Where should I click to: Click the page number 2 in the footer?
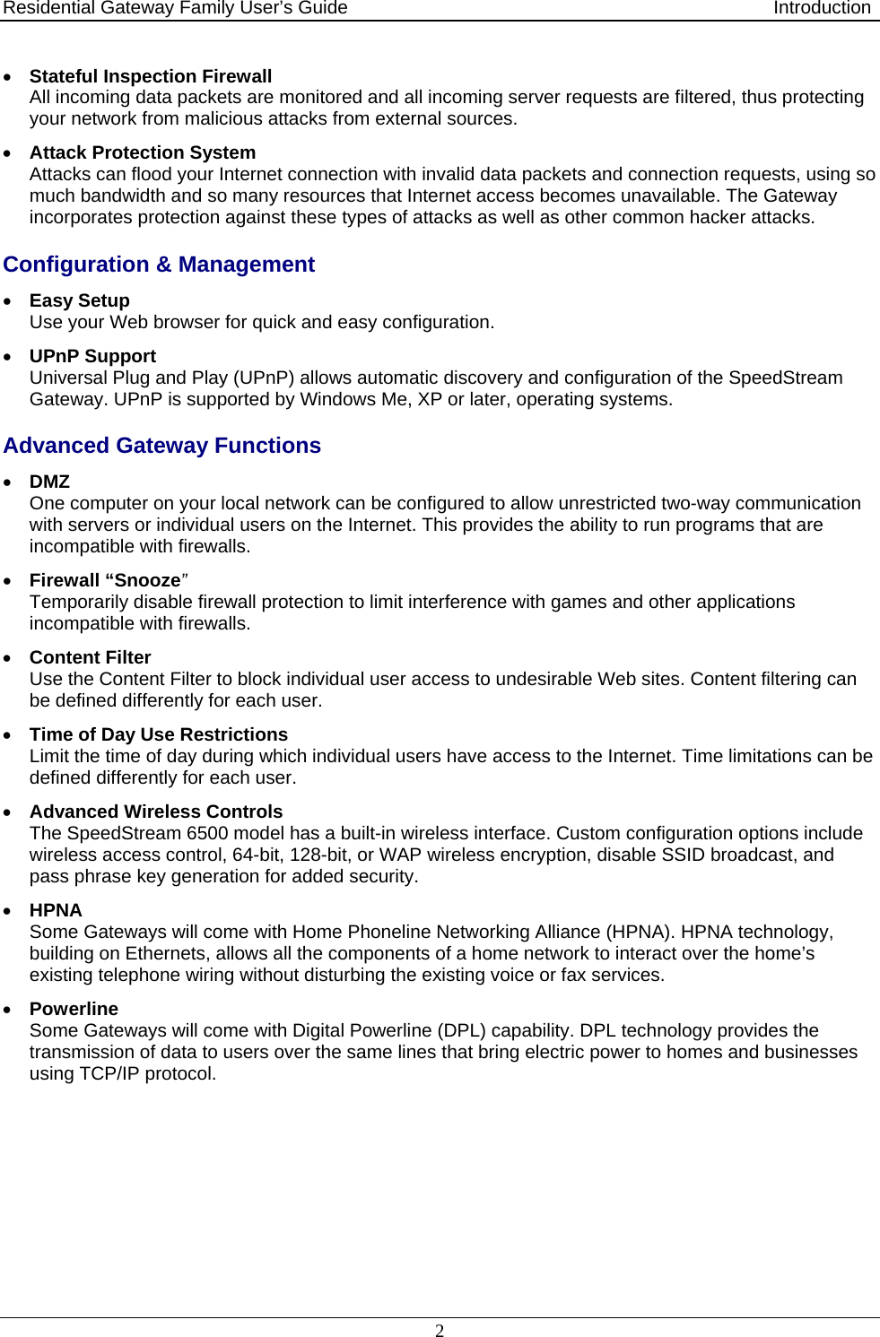click(440, 1331)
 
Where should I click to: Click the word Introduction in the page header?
click(822, 8)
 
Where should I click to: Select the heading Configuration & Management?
click(159, 265)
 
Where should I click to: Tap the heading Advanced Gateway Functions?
click(161, 446)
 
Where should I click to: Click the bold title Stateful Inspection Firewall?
click(150, 76)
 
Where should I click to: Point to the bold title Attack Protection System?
click(142, 152)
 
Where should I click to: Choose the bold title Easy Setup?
click(79, 300)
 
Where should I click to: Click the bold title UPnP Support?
click(92, 356)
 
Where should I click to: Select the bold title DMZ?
click(49, 482)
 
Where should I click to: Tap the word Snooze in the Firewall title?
click(146, 580)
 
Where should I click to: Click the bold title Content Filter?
click(90, 657)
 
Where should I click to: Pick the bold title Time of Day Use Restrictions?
click(158, 734)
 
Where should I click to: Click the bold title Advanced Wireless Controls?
click(155, 812)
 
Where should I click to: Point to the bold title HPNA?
click(56, 910)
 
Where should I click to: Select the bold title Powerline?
click(74, 1009)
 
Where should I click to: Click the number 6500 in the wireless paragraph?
click(207, 833)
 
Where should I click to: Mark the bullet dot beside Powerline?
click(8, 1010)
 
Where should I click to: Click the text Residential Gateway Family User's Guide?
click(175, 8)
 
